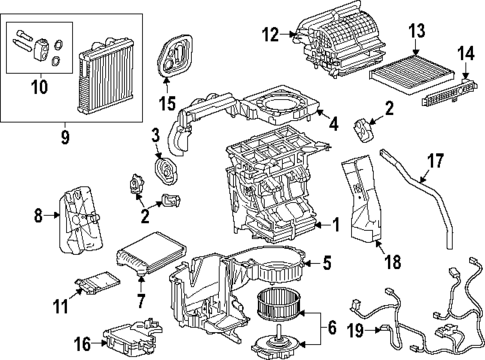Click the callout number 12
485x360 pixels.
point(269,37)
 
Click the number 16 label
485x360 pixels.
point(84,341)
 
